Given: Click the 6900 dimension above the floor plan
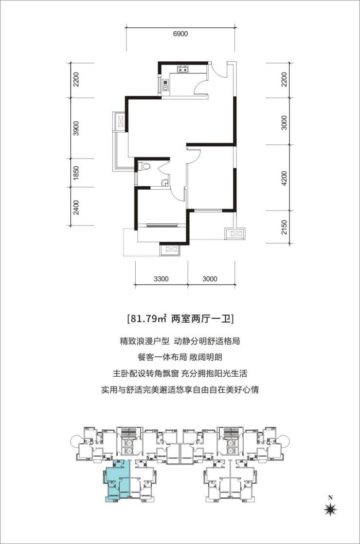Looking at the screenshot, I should [x=180, y=34].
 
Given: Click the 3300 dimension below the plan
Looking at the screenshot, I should [x=161, y=279].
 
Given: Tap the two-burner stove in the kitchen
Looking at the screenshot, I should [x=183, y=70].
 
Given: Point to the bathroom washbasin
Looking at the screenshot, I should [x=165, y=183].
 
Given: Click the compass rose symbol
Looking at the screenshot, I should [x=330, y=509].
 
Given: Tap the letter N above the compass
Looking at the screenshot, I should [x=330, y=497].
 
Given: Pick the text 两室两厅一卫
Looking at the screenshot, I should [x=202, y=319].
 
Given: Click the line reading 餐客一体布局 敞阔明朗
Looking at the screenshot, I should [x=180, y=357].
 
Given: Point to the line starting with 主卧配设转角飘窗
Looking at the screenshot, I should [x=180, y=373].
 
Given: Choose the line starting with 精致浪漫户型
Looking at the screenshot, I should [x=180, y=341].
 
